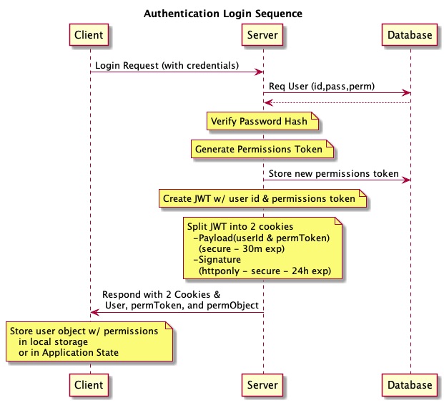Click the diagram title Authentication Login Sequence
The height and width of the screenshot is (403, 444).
[x=222, y=14]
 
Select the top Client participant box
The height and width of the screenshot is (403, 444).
[x=90, y=34]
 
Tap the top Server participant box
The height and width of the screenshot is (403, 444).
[x=263, y=34]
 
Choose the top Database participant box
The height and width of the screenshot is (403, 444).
[x=410, y=34]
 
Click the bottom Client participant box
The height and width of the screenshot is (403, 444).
[x=90, y=384]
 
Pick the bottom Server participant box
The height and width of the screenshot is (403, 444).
[x=263, y=384]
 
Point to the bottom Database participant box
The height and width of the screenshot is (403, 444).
[x=410, y=384]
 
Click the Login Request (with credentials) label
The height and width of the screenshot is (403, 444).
[x=167, y=65]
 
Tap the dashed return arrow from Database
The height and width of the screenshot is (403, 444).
[x=336, y=102]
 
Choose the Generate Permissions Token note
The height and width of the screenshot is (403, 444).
[x=261, y=150]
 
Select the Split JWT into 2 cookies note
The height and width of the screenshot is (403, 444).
[x=262, y=248]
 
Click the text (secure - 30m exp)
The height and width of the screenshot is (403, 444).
[x=241, y=249]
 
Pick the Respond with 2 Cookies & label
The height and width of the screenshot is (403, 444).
[x=161, y=295]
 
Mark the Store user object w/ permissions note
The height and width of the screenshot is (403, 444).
[x=89, y=342]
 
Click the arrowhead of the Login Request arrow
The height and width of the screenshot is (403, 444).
[x=260, y=72]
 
